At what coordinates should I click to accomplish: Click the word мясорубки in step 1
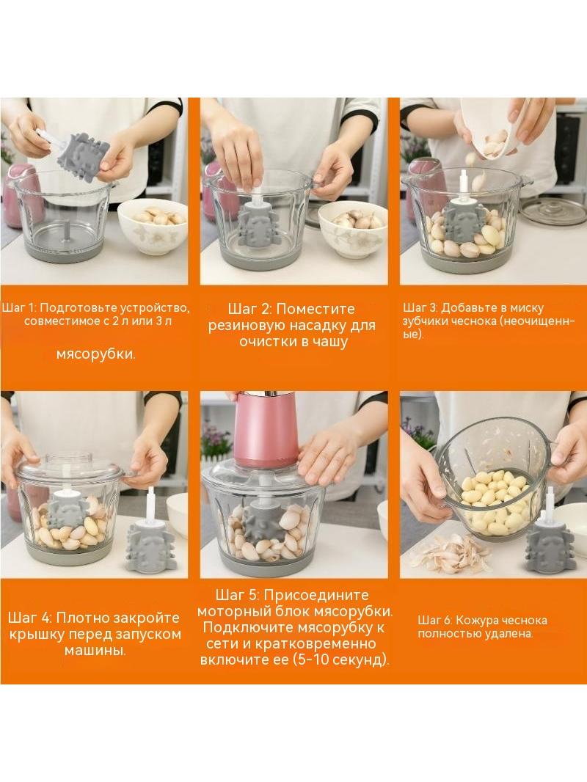pyautogui.click(x=96, y=354)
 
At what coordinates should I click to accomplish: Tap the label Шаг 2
pyautogui.click(x=249, y=309)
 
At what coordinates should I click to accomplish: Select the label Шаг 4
pyautogui.click(x=29, y=618)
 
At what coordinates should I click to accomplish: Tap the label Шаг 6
pyautogui.click(x=434, y=621)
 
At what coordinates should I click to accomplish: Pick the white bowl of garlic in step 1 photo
pyautogui.click(x=152, y=226)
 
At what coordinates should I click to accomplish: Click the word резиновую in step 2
pyautogui.click(x=250, y=326)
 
